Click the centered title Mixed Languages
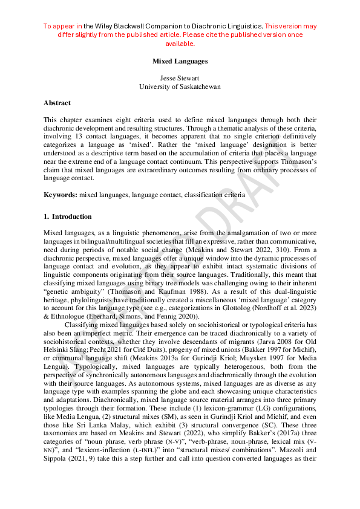[x=180, y=61]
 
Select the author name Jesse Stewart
[x=180, y=79]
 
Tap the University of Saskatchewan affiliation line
[x=180, y=86]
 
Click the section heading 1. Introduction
[x=68, y=216]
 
